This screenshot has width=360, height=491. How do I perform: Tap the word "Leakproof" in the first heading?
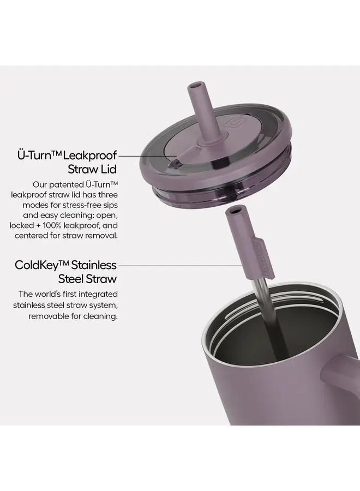click(92, 155)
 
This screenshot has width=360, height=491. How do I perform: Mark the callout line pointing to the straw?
click(180, 265)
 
